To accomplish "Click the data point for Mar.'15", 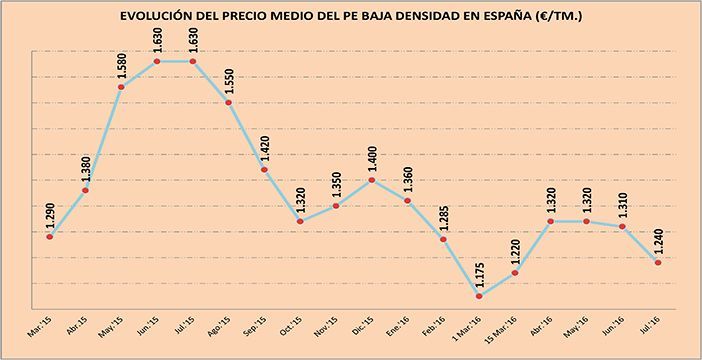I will (x=49, y=236).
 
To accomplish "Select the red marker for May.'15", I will (x=121, y=87).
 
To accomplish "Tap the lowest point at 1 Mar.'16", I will (x=479, y=296).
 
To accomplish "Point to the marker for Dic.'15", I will (x=371, y=180).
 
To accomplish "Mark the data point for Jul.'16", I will (x=658, y=262).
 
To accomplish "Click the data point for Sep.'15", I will (x=264, y=170).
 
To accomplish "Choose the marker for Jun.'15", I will (x=157, y=62).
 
